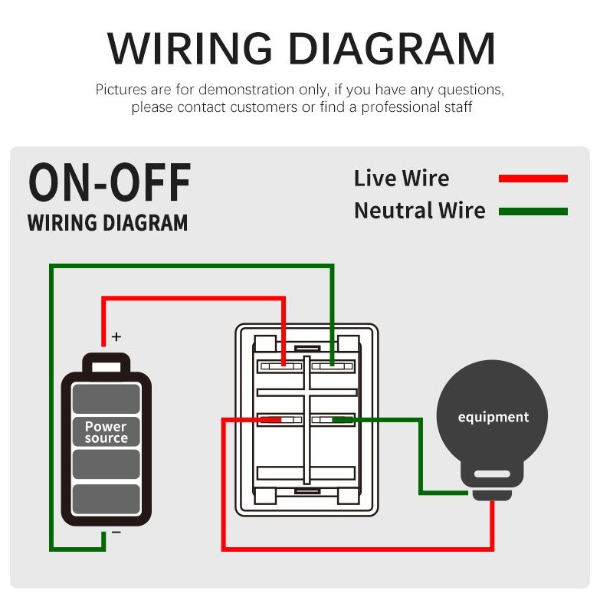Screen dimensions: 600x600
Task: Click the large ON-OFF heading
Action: (110, 182)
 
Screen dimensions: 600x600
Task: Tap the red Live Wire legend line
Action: (533, 179)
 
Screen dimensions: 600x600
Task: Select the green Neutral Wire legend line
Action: (533, 211)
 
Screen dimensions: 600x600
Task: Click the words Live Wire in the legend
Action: (402, 179)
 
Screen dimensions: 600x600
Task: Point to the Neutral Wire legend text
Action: (420, 211)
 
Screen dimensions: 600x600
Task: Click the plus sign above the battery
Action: (116, 336)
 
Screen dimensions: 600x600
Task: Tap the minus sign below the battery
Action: (116, 532)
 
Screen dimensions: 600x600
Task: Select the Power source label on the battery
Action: (106, 432)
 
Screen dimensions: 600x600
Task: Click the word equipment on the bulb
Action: (493, 417)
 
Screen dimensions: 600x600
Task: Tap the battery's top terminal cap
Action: (107, 362)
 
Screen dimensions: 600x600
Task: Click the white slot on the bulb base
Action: (492, 474)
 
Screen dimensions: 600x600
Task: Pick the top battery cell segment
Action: (107, 398)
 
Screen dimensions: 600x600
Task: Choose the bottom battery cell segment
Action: (107, 499)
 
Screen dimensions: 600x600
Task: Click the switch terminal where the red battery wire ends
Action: (284, 364)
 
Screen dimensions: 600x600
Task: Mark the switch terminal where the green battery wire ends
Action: (332, 364)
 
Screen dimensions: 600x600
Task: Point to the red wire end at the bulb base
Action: (492, 503)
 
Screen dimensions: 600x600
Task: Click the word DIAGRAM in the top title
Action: (392, 48)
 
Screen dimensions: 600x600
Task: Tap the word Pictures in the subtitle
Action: (121, 90)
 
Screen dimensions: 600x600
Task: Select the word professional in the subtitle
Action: (401, 107)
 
